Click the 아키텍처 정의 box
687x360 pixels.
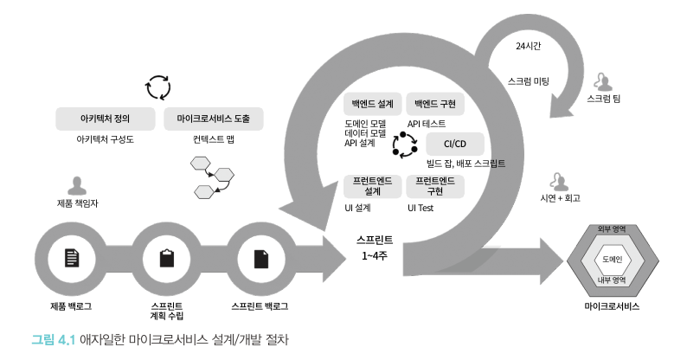(106, 118)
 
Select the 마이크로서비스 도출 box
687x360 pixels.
(213, 118)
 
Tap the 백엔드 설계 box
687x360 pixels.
(373, 104)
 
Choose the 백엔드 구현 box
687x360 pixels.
(436, 104)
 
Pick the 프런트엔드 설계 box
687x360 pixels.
(373, 185)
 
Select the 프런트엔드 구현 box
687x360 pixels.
(436, 185)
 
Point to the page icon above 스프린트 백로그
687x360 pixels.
(260, 258)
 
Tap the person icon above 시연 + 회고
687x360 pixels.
(559, 180)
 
